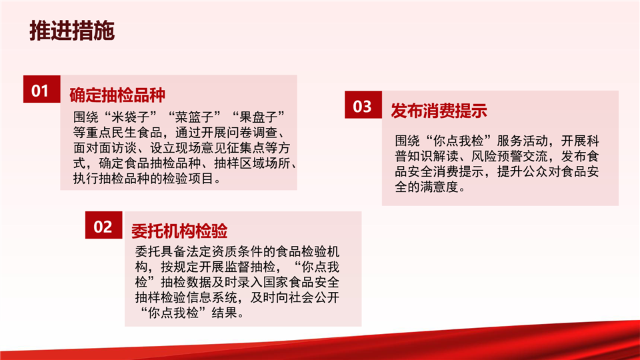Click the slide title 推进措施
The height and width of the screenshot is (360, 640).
[x=72, y=31]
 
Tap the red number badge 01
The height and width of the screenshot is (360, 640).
[x=41, y=89]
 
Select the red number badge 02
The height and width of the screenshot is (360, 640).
[x=104, y=225]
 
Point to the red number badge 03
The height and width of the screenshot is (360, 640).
[x=363, y=105]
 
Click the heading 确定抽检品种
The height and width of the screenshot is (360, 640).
[x=117, y=95]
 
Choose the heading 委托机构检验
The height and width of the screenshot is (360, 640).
[x=179, y=231]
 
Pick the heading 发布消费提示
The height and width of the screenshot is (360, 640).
[x=439, y=111]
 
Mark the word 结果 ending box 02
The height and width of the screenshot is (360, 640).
[x=224, y=313]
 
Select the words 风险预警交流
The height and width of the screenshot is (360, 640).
[x=509, y=156]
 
